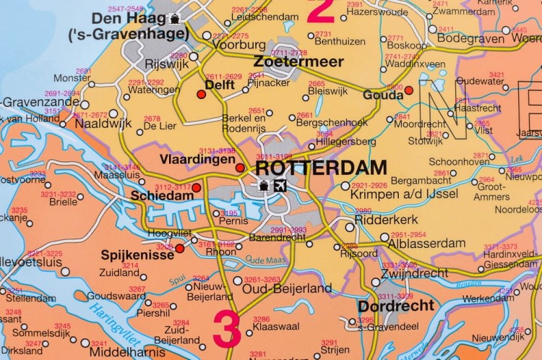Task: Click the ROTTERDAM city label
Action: [x=322, y=167]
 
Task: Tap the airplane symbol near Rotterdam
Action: [x=280, y=186]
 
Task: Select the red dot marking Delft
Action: [x=202, y=94]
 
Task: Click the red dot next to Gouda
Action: [x=408, y=90]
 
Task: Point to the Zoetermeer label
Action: [x=298, y=63]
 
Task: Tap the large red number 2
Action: [x=321, y=10]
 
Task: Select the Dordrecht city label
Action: [x=396, y=306]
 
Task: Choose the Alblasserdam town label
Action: [x=426, y=243]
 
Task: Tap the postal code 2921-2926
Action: [x=369, y=186]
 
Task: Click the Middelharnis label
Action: [x=120, y=352]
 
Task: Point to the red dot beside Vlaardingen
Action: [x=240, y=168]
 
